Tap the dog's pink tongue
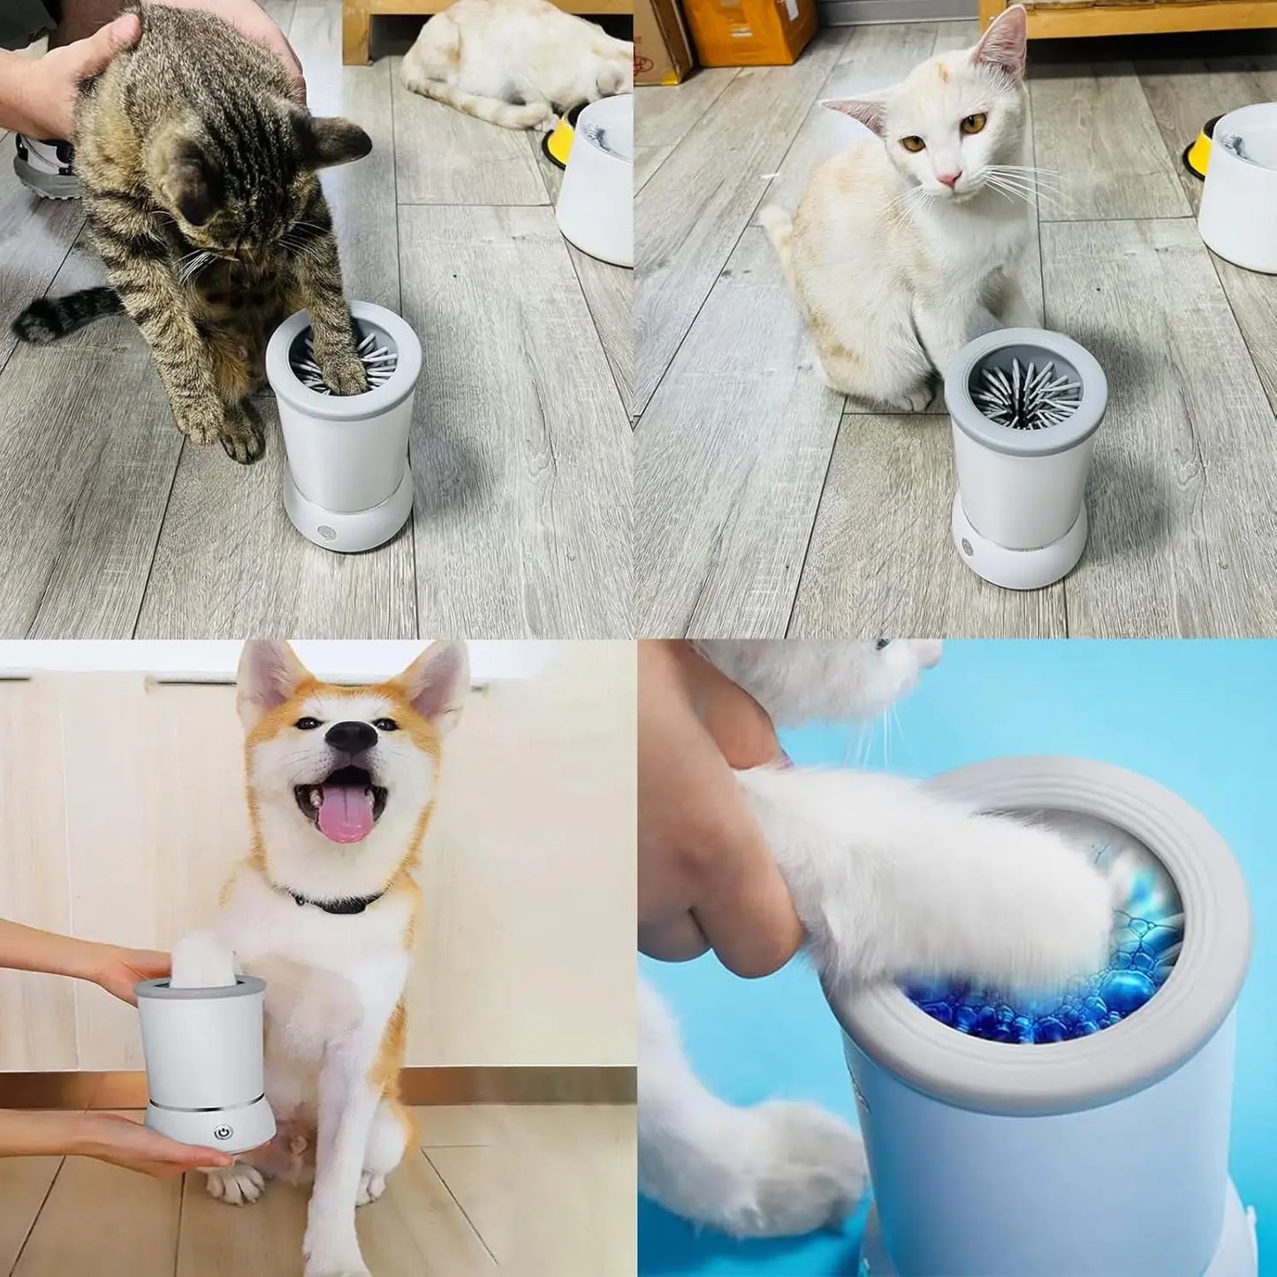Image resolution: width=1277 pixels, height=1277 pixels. [346, 818]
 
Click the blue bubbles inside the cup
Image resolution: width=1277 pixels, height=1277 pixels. [1043, 990]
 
